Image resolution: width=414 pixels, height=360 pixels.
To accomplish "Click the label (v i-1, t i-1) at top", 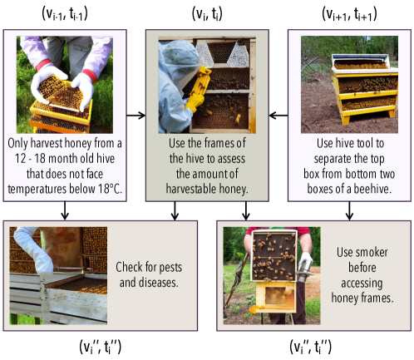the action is pos(65,13).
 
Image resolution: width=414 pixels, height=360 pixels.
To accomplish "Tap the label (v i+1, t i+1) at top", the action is pos(349,13).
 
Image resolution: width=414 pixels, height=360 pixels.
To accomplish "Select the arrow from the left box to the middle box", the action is pos(136,116).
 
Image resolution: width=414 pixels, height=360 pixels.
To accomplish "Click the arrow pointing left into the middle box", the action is pos(278,116).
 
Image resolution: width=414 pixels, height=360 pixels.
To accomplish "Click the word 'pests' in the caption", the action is pos(168,268).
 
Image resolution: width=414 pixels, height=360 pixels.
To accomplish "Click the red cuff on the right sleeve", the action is pos(90,75).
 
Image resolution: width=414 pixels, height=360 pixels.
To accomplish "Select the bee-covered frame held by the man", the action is pos(274,255).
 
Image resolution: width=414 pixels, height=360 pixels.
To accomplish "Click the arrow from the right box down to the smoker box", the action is pos(349,211).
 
